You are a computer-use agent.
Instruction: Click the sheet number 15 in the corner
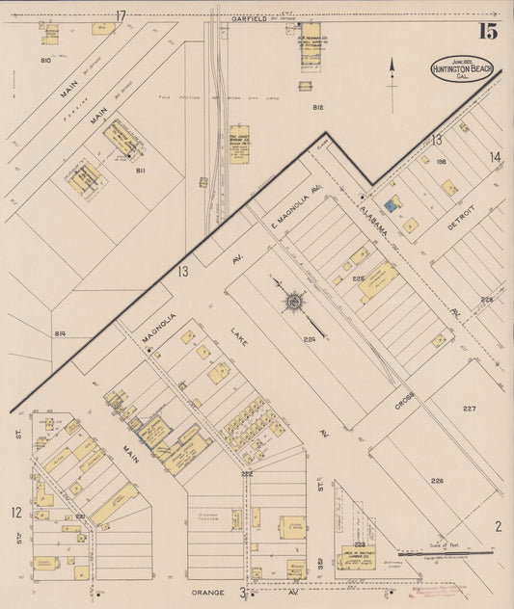click(487, 31)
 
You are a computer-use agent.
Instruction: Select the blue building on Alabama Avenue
click(392, 204)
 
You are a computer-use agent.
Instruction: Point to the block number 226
click(437, 481)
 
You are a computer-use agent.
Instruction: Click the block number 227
click(470, 409)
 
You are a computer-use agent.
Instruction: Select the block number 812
click(318, 107)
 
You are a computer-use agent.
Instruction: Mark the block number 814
click(61, 333)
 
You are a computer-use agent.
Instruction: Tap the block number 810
click(45, 60)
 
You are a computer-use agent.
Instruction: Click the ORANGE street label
click(209, 592)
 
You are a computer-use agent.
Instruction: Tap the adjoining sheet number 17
click(121, 15)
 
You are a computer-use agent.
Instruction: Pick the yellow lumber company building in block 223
click(356, 558)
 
